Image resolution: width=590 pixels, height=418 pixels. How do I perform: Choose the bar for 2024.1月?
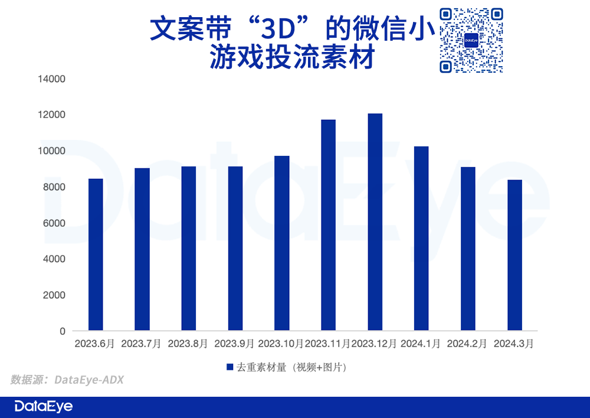tap(422, 238)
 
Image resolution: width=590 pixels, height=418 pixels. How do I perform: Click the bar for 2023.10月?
tap(282, 243)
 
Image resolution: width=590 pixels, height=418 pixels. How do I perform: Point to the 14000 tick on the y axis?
tap(52, 79)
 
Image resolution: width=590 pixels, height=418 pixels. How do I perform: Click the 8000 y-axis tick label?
tap(54, 187)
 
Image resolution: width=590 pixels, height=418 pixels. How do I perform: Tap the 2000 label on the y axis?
tap(54, 295)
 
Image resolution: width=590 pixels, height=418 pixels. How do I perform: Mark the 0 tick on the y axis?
tap(62, 331)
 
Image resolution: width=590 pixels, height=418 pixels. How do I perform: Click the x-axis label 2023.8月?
tap(188, 344)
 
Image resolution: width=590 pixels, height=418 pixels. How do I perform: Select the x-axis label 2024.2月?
tap(468, 344)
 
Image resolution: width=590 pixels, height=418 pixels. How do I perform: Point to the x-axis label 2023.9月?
tap(235, 344)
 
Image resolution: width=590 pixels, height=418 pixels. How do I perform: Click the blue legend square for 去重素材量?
tap(230, 367)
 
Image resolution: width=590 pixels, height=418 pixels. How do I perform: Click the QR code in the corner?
tap(471, 40)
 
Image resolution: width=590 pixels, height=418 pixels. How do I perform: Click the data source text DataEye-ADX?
tap(89, 380)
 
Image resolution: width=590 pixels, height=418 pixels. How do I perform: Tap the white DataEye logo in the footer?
tap(43, 407)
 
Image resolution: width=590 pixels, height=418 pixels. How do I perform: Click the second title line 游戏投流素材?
tap(292, 59)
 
